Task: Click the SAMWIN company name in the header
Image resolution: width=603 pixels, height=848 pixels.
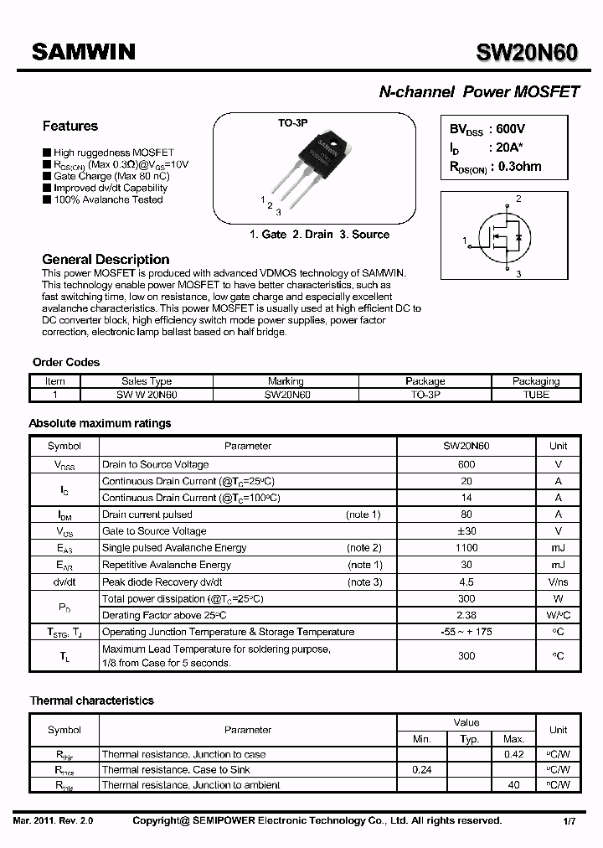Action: (83, 52)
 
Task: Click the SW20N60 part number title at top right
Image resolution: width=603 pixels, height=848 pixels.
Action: (527, 52)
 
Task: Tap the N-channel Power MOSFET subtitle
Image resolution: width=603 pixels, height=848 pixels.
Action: (479, 92)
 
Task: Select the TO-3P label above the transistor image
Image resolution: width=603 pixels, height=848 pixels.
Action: (293, 122)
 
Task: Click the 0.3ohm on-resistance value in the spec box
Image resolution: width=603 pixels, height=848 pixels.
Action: (519, 166)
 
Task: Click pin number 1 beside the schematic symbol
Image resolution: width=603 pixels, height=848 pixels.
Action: (465, 241)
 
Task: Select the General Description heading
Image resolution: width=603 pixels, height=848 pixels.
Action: (106, 260)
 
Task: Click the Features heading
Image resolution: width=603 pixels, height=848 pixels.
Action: (70, 127)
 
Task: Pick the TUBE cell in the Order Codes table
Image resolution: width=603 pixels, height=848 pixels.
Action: (535, 395)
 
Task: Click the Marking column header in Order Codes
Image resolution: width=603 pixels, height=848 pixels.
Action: (286, 381)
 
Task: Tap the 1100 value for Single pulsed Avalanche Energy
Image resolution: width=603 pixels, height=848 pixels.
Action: (466, 548)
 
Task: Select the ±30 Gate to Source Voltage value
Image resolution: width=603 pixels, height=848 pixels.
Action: (466, 531)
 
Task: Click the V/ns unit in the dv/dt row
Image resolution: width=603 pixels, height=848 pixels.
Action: (558, 582)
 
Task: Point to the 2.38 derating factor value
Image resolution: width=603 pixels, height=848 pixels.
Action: (466, 615)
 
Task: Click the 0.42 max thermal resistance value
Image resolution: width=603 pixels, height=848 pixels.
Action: (513, 754)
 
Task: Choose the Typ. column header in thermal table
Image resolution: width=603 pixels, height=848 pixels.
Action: (469, 739)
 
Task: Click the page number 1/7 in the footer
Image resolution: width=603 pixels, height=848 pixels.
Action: (569, 821)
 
